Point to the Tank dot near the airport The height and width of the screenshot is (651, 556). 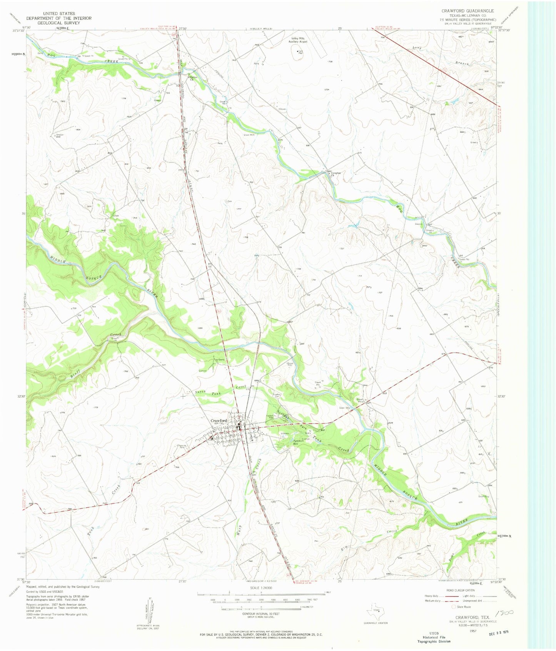click(297, 50)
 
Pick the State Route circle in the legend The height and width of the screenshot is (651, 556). click(454, 606)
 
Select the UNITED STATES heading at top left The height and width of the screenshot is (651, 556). click(59, 13)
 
